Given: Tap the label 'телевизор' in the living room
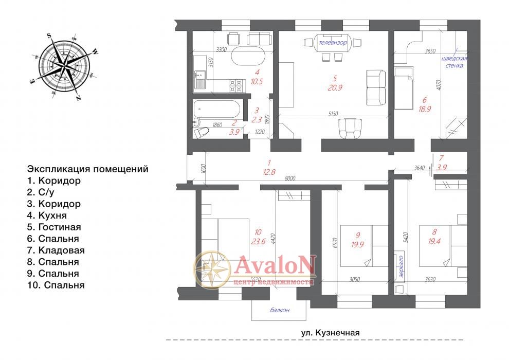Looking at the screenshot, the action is click(x=333, y=43).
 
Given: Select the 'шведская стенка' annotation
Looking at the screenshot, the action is click(x=454, y=62).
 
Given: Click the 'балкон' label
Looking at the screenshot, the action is click(x=280, y=310).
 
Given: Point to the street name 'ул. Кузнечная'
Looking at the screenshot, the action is click(x=330, y=332).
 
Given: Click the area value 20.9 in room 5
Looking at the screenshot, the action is click(x=335, y=87).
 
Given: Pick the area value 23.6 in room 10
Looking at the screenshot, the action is click(x=259, y=241).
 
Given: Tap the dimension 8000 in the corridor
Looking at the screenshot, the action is click(x=289, y=178).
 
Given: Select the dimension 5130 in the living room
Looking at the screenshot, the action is click(x=333, y=114).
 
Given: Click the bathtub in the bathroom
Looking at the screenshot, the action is click(x=216, y=109).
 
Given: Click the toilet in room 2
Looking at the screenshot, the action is click(x=201, y=133).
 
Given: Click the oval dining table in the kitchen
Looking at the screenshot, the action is click(x=248, y=56).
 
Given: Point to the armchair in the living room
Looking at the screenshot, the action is click(x=350, y=129).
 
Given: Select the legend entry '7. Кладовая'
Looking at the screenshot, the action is click(x=56, y=250).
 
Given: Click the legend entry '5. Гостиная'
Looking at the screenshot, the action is click(x=54, y=227).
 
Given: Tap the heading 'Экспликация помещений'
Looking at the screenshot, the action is click(x=87, y=169).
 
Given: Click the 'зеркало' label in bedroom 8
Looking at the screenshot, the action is click(x=401, y=267).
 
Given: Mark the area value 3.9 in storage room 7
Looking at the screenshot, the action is click(x=442, y=168).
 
